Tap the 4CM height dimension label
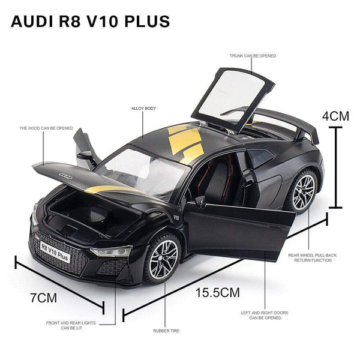(335, 115)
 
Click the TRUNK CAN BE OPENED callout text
(253, 56)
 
